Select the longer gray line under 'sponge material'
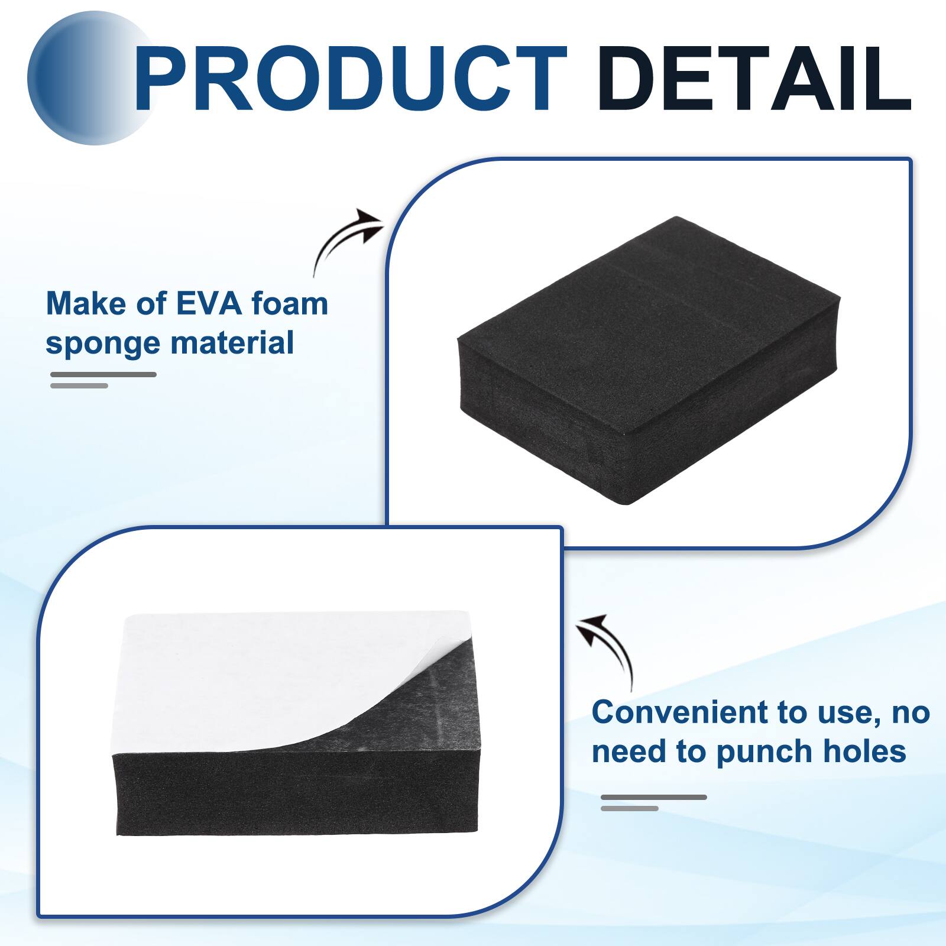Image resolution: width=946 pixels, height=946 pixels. click(x=103, y=374)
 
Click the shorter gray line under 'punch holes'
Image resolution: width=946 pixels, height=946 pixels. click(x=629, y=808)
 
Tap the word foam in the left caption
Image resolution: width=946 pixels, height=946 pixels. click(x=289, y=304)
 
